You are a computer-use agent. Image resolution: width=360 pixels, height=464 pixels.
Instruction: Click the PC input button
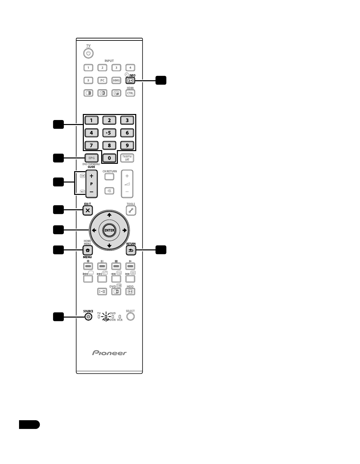pyautogui.click(x=102, y=81)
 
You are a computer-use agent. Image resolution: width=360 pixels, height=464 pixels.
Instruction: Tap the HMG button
pyautogui.click(x=116, y=81)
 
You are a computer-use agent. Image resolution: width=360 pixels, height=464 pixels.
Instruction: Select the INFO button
pyautogui.click(x=130, y=81)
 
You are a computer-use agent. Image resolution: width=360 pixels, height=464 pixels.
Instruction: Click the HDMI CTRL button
pyautogui.click(x=130, y=93)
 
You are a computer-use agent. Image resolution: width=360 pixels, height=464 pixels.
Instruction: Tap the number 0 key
pyautogui.click(x=109, y=158)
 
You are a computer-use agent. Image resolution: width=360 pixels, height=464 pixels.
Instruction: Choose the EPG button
pyautogui.click(x=92, y=158)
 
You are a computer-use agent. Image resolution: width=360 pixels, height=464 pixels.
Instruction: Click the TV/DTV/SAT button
pyautogui.click(x=127, y=158)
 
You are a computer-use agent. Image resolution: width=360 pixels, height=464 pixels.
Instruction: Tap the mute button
pyautogui.click(x=109, y=191)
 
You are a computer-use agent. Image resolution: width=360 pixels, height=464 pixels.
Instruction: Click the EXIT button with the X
pyautogui.click(x=87, y=210)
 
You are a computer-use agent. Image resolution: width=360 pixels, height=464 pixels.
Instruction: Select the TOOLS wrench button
pyautogui.click(x=131, y=210)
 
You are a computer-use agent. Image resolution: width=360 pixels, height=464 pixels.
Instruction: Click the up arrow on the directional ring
pyautogui.click(x=109, y=215)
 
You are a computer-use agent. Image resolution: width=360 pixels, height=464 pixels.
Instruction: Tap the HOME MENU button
pyautogui.click(x=87, y=250)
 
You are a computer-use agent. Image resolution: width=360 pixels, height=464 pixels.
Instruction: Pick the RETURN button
pyautogui.click(x=131, y=250)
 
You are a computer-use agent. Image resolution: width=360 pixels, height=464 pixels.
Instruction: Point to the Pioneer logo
pyautogui.click(x=110, y=353)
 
